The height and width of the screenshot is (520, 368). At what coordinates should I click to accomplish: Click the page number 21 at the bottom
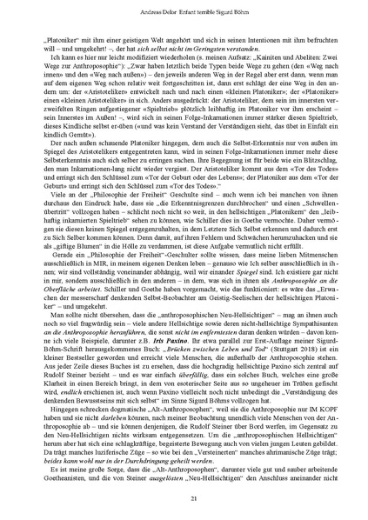(184, 496)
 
